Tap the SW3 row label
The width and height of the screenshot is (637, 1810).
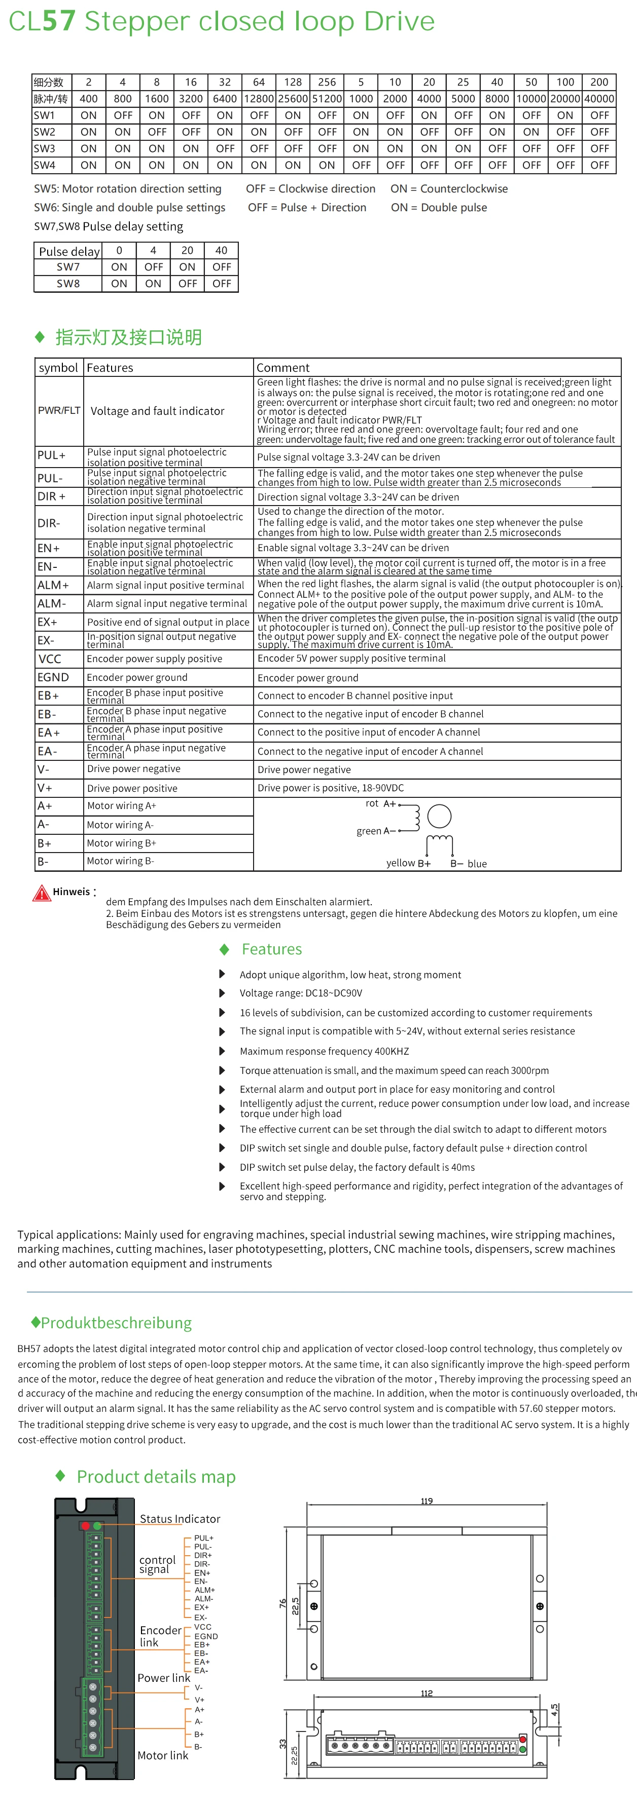pyautogui.click(x=44, y=149)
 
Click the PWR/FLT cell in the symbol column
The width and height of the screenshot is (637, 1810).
pyautogui.click(x=59, y=410)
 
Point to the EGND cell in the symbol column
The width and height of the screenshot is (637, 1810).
pyautogui.click(x=53, y=677)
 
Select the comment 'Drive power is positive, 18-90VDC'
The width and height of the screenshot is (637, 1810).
pyautogui.click(x=331, y=788)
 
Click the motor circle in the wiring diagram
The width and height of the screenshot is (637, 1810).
pyautogui.click(x=439, y=817)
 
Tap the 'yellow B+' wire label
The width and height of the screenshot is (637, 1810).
pyautogui.click(x=408, y=864)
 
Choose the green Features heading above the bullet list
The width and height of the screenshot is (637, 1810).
pyautogui.click(x=271, y=949)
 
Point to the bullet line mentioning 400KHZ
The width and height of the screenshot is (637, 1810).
pyautogui.click(x=324, y=1051)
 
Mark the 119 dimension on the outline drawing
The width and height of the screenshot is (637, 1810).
pyautogui.click(x=427, y=1501)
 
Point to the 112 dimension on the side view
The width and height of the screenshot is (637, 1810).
pyautogui.click(x=427, y=1693)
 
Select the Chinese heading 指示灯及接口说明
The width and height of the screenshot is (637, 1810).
pyautogui.click(x=129, y=337)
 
